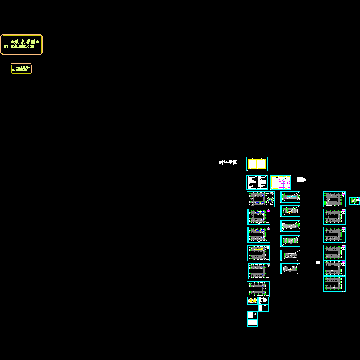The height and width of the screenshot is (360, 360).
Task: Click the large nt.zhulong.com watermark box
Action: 22,45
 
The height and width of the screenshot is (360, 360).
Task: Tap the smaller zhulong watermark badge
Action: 21,69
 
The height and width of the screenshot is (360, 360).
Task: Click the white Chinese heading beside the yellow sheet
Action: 228,162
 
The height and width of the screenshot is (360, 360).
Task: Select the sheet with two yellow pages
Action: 257,164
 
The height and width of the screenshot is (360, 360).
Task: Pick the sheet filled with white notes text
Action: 257,182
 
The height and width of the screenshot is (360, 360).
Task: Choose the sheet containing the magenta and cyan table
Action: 280,182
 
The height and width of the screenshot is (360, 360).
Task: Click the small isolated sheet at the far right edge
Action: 354,201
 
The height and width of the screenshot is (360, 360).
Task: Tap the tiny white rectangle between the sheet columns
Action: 318,262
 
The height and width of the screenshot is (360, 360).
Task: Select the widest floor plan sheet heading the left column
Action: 261,199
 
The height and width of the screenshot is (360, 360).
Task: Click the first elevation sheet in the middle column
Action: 290,197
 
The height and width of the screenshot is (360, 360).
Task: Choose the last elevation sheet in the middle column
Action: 290,268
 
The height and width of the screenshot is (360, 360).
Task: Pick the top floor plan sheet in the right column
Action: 334,199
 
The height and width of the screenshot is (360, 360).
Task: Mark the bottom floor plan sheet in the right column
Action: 334,284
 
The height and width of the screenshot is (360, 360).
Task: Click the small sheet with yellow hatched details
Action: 252,301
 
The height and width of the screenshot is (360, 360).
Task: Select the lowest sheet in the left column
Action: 252,319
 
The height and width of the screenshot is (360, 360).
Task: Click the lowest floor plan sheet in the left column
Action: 259,288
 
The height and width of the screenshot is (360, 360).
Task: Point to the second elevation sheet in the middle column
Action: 290,211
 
